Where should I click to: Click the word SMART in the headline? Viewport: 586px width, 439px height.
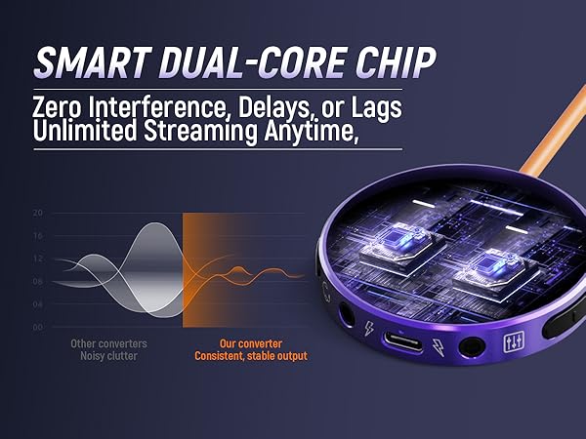(92, 62)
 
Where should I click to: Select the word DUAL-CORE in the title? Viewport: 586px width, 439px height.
(252, 62)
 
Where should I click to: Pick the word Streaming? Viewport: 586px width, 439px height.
(200, 132)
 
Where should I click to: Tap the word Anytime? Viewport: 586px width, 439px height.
(311, 132)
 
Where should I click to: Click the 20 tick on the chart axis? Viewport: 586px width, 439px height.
(38, 213)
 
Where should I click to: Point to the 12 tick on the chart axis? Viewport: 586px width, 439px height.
(38, 259)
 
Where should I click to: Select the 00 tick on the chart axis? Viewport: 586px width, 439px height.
(38, 328)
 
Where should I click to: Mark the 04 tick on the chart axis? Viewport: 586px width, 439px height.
(38, 304)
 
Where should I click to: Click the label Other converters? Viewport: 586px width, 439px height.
(108, 343)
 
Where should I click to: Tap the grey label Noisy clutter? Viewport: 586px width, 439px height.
(108, 356)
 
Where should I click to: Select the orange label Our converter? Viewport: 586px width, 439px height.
(251, 343)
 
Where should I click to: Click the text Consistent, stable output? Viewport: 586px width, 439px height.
(251, 356)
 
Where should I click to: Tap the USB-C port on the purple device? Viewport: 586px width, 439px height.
(402, 340)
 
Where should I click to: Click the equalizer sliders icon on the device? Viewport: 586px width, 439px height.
(515, 341)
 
